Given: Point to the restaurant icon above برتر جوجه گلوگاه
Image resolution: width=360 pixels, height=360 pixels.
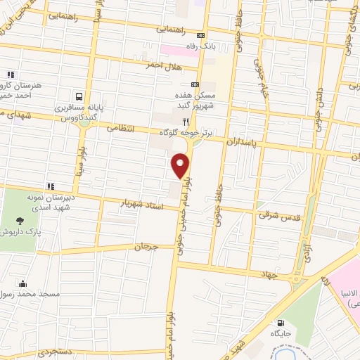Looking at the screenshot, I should click(186, 121).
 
